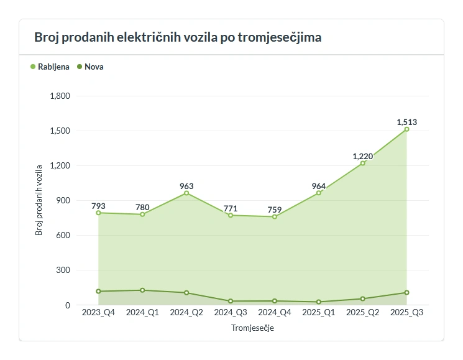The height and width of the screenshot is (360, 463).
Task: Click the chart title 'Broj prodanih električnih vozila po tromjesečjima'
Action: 178,37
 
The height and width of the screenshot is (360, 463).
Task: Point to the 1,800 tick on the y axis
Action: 60,96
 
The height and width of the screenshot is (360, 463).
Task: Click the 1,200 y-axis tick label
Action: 60,166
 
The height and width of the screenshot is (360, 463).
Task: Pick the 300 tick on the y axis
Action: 63,270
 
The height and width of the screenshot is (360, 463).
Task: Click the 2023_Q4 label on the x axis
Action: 98,313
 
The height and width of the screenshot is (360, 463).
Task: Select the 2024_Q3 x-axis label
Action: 231,313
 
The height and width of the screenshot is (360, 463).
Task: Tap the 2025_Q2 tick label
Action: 363,313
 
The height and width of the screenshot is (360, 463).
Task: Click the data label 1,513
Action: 406,122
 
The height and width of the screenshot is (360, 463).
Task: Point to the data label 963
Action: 186,186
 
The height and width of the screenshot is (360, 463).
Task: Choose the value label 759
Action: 275,210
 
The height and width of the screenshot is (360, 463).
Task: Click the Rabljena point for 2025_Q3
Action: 407,129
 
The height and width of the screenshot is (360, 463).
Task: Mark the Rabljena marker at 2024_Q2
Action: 186,193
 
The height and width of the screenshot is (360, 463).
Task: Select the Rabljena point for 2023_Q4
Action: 98,213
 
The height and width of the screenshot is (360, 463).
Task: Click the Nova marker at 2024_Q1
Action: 142,290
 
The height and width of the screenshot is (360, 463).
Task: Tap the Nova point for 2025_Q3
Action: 407,292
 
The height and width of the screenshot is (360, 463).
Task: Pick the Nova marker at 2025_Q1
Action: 319,302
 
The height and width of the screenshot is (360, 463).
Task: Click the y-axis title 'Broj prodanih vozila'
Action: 39,200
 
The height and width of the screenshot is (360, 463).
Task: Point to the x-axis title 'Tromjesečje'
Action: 252,328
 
